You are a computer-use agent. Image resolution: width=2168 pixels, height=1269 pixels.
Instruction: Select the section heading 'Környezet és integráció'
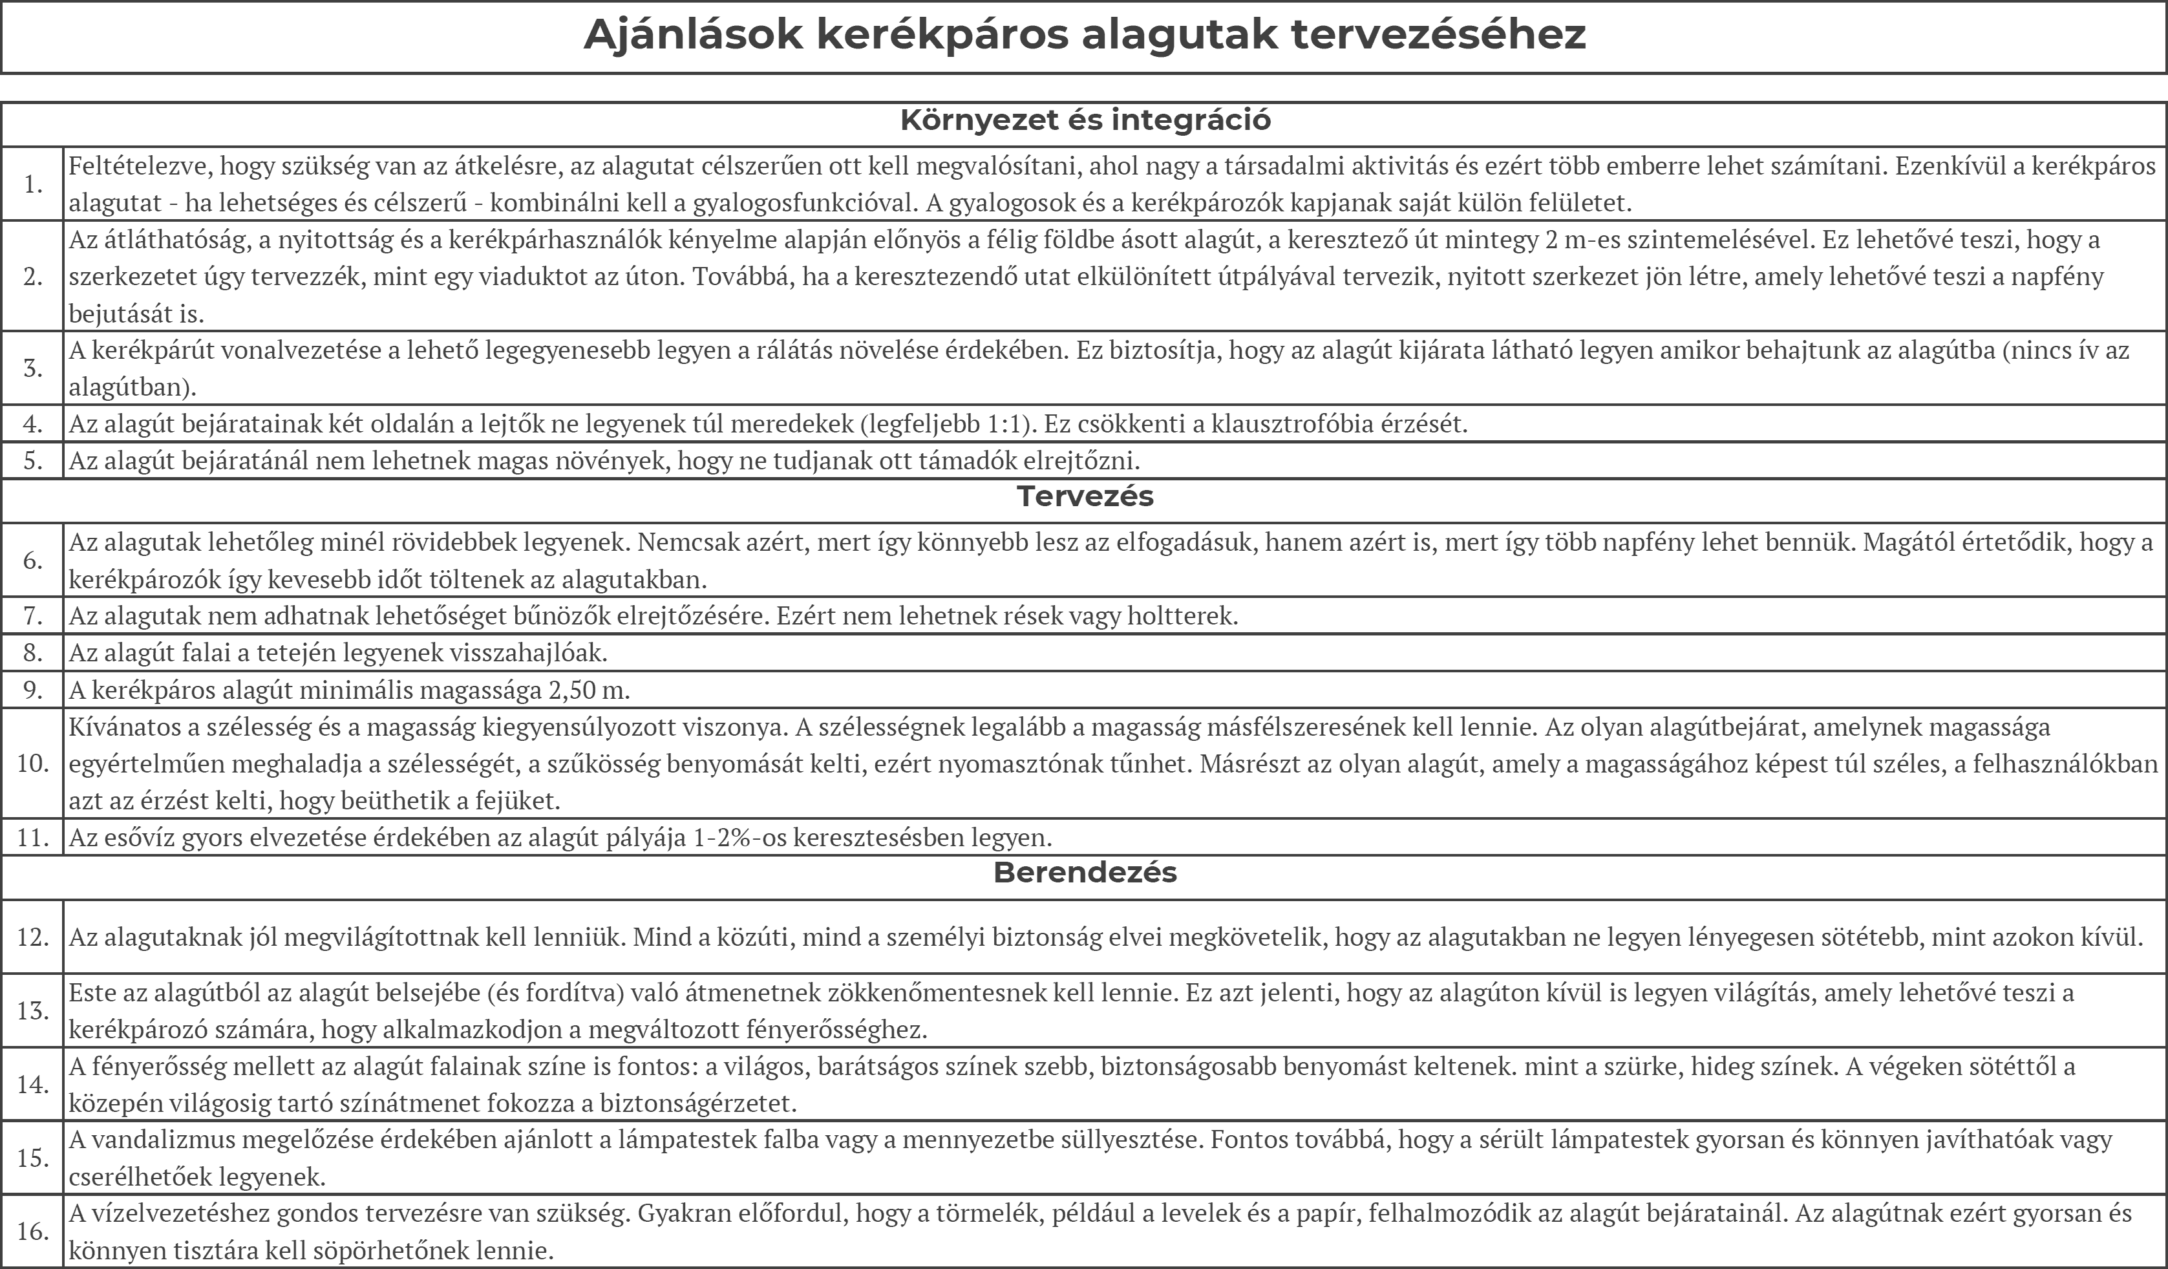(x=1085, y=120)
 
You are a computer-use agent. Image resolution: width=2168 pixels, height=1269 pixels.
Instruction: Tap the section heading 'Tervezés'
(x=1085, y=496)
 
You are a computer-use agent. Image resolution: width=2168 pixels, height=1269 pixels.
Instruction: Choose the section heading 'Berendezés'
(x=1085, y=872)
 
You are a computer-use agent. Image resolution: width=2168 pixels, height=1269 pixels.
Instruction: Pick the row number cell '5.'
(x=33, y=460)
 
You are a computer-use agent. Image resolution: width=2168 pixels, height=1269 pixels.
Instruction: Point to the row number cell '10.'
(x=33, y=763)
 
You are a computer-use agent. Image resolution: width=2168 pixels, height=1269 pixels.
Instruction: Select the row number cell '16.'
(x=33, y=1231)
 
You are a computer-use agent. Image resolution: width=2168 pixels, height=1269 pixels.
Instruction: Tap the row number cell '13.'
(x=33, y=1010)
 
